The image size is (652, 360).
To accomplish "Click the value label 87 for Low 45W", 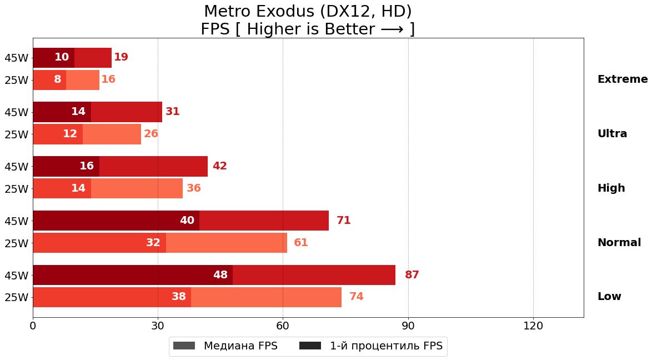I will tap(412, 275).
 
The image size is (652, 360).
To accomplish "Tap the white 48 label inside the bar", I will tap(220, 275).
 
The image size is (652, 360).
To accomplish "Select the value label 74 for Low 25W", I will tap(356, 297).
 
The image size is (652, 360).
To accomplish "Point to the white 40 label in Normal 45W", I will tap(187, 221).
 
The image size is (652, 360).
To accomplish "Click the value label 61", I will tap(301, 243).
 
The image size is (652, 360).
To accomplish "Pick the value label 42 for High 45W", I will tap(219, 166).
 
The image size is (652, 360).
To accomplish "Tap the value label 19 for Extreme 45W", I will tap(121, 57).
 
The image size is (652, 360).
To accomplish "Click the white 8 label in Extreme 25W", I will tap(58, 79).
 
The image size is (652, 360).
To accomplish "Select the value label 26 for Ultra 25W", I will tap(151, 134).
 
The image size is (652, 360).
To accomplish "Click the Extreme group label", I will tap(622, 79).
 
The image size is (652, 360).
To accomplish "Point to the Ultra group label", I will tap(612, 134).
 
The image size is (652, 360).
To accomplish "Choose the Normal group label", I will tap(619, 243).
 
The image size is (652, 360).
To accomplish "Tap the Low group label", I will tap(609, 297).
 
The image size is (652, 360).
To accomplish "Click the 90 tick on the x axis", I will tap(408, 326).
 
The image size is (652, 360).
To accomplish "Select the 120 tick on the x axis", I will tap(533, 326).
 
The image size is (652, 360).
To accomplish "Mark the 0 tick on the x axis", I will tap(33, 326).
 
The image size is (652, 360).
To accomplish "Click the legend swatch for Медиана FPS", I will tap(184, 346).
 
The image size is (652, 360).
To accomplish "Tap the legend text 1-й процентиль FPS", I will tap(386, 346).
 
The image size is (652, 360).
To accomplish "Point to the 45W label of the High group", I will tap(16, 167).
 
